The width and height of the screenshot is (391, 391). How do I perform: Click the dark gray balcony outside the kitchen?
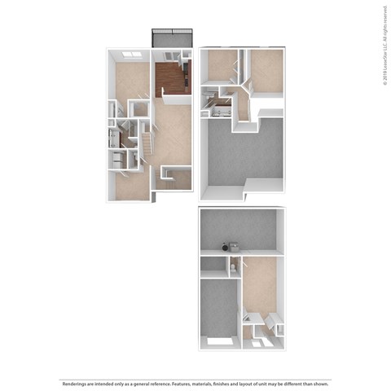172,38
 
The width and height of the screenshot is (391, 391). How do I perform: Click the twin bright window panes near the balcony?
131,55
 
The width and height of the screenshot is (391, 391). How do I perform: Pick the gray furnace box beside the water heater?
235,245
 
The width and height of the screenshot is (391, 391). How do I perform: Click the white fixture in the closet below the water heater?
232,266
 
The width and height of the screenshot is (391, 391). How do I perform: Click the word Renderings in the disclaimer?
72,382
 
